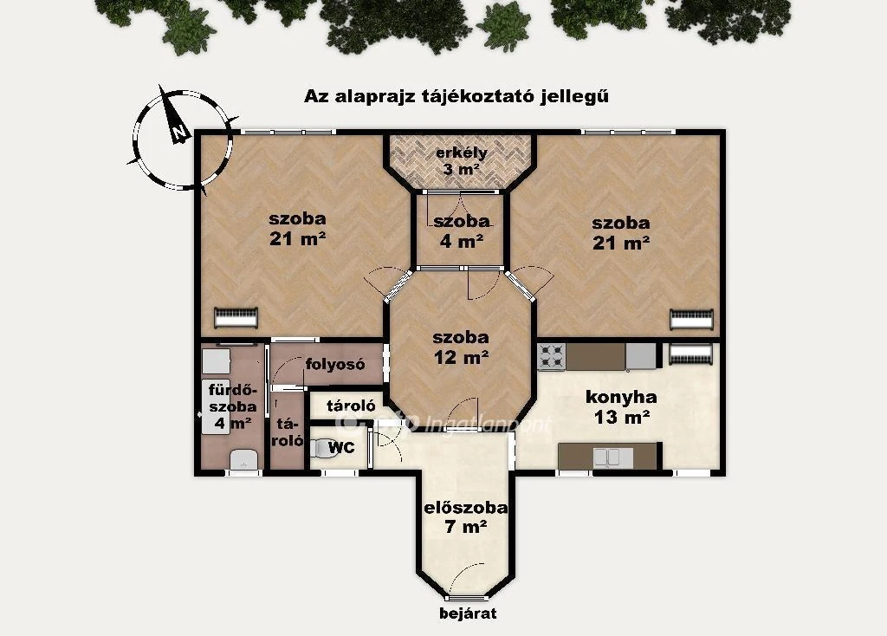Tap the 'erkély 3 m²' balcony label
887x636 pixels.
(x=461, y=161)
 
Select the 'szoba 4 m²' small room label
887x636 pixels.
(x=461, y=231)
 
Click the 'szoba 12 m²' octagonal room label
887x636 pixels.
(x=461, y=347)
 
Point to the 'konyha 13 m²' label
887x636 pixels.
(x=621, y=407)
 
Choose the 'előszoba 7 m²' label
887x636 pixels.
(x=465, y=517)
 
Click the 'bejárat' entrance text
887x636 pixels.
(x=468, y=613)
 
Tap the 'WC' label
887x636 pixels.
(x=341, y=448)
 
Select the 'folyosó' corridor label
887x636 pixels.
(x=334, y=364)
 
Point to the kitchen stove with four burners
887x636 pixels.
(x=551, y=356)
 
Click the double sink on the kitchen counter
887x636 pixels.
(x=609, y=456)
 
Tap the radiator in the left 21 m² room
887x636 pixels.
(x=236, y=317)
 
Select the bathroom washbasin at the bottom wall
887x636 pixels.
(x=245, y=460)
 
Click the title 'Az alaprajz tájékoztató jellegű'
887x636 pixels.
(x=456, y=96)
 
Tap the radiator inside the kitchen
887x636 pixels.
(x=690, y=354)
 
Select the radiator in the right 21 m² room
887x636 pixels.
(x=692, y=319)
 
